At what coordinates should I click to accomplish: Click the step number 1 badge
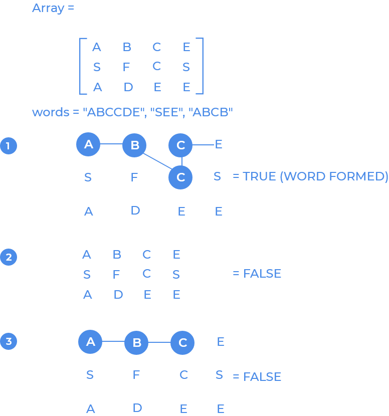tap(8, 146)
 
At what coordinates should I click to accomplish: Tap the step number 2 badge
tap(8, 257)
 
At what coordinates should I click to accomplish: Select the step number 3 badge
tap(8, 342)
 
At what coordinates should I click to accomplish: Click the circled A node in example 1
tap(88, 144)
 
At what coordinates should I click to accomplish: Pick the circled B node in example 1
tap(134, 145)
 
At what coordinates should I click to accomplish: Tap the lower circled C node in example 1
tap(180, 177)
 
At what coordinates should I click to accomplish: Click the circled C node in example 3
tap(182, 343)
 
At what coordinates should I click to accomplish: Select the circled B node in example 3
tap(136, 343)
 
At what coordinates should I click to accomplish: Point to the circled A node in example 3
tap(90, 342)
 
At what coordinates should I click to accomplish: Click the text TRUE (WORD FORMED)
tap(315, 176)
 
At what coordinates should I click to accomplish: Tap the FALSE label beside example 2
tap(262, 274)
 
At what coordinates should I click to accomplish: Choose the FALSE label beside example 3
tap(262, 377)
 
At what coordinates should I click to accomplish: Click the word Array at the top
tap(47, 8)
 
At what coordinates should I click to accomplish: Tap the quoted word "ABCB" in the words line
tap(212, 112)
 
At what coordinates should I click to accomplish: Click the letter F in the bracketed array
tap(126, 67)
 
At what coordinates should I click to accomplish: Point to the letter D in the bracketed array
tap(128, 87)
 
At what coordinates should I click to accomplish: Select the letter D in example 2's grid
tap(118, 295)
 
